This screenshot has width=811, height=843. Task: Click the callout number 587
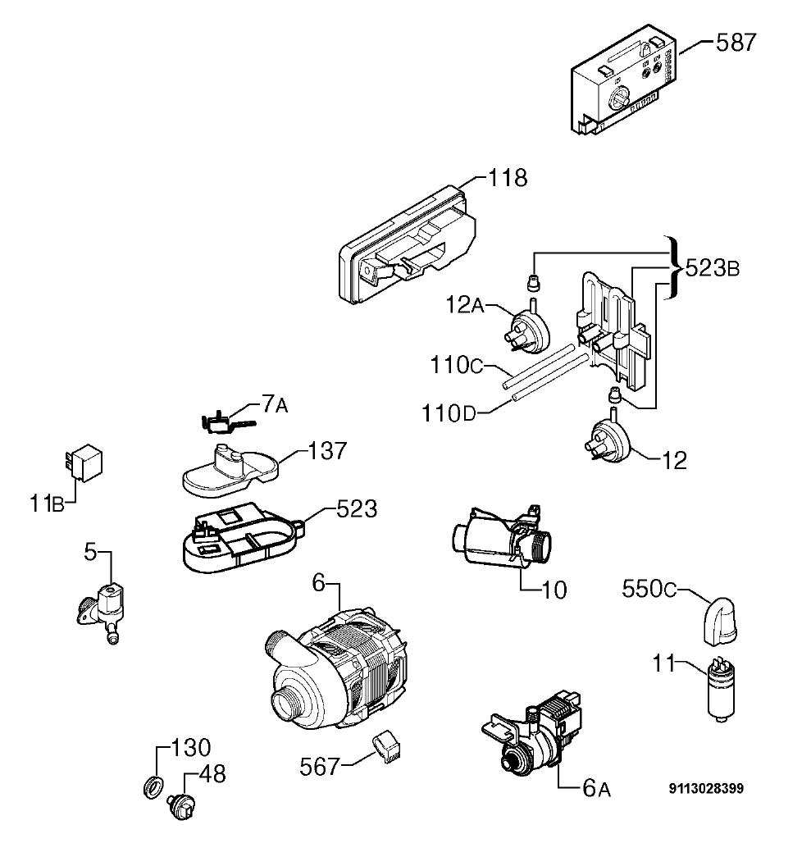tap(736, 42)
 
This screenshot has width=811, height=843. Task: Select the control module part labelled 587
tap(623, 80)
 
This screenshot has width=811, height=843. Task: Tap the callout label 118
tap(508, 177)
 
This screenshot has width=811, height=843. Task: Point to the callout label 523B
tap(713, 267)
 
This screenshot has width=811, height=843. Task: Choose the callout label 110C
tap(456, 366)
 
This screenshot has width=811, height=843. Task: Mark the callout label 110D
tap(449, 414)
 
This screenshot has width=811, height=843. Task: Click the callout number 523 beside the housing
tap(357, 508)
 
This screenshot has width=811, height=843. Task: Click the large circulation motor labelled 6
tap(335, 671)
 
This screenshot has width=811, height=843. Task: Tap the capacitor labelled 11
tap(722, 689)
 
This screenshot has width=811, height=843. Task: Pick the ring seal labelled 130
tap(153, 787)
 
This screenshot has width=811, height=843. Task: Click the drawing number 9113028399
tap(706, 789)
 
